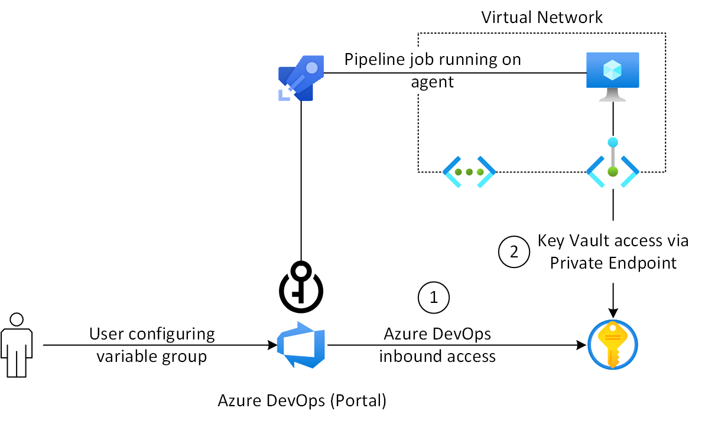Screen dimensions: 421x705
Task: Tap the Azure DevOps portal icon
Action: pyautogui.click(x=301, y=345)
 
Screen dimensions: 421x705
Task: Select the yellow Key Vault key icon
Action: pyautogui.click(x=613, y=345)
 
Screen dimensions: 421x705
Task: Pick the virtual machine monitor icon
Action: pyautogui.click(x=613, y=76)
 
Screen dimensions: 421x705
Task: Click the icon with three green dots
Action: pyautogui.click(x=469, y=172)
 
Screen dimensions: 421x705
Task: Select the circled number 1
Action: pyautogui.click(x=434, y=297)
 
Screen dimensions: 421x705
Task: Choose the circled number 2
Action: pyautogui.click(x=514, y=252)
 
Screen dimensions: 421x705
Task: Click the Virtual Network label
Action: pyautogui.click(x=542, y=17)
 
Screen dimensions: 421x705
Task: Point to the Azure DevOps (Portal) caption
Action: pyautogui.click(x=302, y=401)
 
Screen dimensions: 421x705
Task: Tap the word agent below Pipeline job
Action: pyautogui.click(x=433, y=81)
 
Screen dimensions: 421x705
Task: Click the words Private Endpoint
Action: pyautogui.click(x=613, y=263)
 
